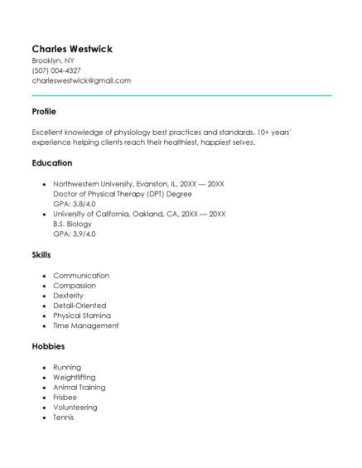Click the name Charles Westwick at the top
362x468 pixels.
point(72,49)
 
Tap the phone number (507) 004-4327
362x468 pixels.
point(56,70)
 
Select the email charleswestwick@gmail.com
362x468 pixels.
point(81,80)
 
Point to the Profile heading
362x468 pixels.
point(44,111)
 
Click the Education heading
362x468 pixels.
point(52,162)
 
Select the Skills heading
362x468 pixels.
point(41,256)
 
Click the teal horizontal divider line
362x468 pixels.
point(181,95)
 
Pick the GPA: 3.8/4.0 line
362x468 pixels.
point(75,203)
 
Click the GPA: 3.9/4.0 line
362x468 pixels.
point(75,234)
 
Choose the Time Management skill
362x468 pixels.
point(86,326)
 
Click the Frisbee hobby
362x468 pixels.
point(66,397)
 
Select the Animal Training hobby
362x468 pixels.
point(80,387)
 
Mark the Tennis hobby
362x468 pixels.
point(64,417)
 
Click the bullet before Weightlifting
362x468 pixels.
point(43,377)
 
